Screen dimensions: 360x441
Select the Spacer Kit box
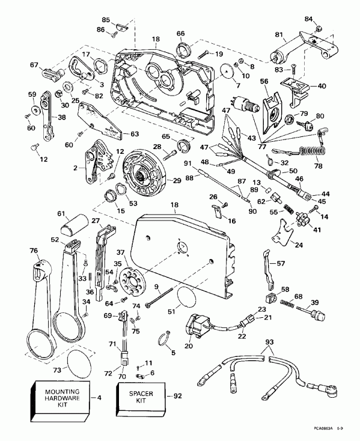[x=140, y=400]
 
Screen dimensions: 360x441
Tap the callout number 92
[x=178, y=396]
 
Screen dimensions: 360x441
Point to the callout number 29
[x=177, y=181]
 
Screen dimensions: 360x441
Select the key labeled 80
[x=307, y=125]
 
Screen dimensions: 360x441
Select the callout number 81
[x=278, y=35]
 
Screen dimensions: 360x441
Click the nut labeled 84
[x=319, y=28]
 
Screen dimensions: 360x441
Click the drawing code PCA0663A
[x=323, y=436]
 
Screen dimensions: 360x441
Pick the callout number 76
[x=34, y=251]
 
